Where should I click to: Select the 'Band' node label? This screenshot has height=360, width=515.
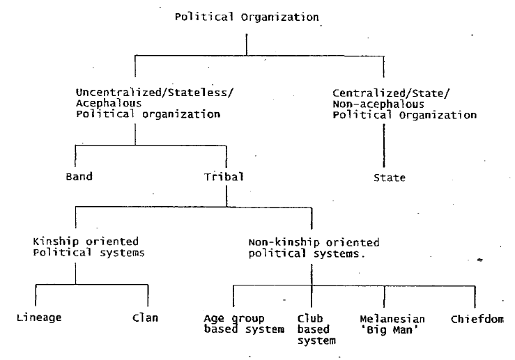click(x=79, y=176)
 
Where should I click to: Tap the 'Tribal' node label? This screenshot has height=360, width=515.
click(x=224, y=176)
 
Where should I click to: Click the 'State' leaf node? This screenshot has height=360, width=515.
click(x=389, y=178)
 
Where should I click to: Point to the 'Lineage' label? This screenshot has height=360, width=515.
click(x=39, y=318)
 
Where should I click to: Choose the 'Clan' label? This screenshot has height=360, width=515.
click(x=145, y=318)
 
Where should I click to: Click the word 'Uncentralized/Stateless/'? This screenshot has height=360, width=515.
click(x=137, y=93)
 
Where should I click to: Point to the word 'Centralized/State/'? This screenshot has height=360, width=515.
click(x=380, y=93)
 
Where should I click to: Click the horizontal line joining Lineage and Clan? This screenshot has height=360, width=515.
click(x=91, y=284)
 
